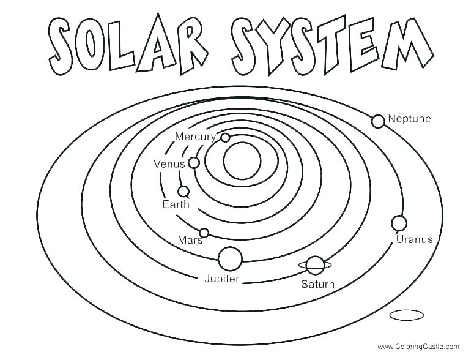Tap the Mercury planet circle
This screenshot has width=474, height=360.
225,138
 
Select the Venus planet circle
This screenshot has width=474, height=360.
194,163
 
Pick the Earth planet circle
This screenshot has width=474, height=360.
183,192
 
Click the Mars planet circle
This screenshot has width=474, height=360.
204,233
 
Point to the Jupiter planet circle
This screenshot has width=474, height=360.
230,258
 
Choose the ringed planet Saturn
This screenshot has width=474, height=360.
315,265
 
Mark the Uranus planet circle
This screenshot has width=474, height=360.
399,222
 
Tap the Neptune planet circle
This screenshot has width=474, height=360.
378,121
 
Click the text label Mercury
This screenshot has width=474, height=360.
195,137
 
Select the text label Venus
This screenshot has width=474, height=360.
169,164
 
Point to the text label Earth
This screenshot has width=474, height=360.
176,204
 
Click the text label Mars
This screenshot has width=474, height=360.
190,240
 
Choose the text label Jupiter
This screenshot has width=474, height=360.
221,279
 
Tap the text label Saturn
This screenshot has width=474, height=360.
317,284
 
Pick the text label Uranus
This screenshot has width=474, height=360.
414,239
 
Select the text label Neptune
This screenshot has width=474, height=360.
409,119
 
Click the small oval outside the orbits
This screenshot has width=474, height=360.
406,315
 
